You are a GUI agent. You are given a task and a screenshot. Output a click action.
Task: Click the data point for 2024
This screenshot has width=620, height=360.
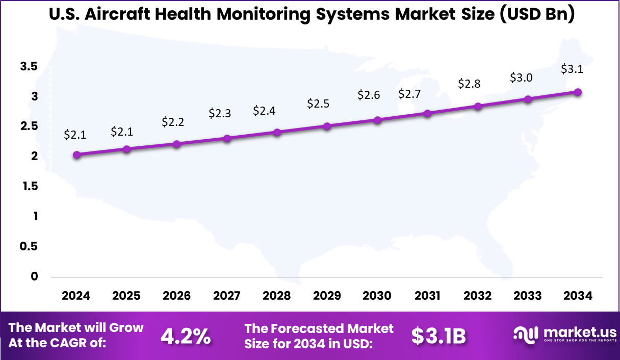click(76, 155)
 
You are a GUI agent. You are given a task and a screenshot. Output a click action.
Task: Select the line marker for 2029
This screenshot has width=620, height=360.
click(327, 126)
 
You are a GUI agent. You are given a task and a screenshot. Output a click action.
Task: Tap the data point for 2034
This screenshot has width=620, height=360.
click(578, 92)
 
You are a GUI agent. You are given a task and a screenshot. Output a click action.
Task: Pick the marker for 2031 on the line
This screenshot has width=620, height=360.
click(427, 114)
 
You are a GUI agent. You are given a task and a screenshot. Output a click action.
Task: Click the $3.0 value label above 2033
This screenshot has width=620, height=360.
click(521, 78)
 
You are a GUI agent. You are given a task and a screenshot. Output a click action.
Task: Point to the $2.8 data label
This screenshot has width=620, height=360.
click(469, 84)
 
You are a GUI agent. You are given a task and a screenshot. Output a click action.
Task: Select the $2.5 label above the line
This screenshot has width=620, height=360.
click(318, 104)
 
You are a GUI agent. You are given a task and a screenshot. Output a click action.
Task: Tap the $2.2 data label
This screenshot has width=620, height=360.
click(173, 122)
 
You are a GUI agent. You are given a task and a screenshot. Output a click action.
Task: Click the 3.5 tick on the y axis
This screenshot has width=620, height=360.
click(29, 66)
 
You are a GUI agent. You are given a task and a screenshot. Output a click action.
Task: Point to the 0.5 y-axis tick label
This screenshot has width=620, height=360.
click(29, 246)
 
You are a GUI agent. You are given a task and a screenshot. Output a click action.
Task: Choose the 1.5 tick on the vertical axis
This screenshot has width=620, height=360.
click(29, 186)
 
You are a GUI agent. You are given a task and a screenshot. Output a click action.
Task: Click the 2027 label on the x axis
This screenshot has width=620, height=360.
click(227, 296)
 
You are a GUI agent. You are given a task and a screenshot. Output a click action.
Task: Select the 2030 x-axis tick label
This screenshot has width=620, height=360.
click(377, 296)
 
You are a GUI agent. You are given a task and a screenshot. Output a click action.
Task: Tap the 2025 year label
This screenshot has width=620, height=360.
click(126, 296)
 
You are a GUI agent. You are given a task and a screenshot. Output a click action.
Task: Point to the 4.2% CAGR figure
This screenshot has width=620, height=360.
click(186, 336)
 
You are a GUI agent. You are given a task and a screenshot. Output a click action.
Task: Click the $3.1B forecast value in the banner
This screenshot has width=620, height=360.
click(438, 336)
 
